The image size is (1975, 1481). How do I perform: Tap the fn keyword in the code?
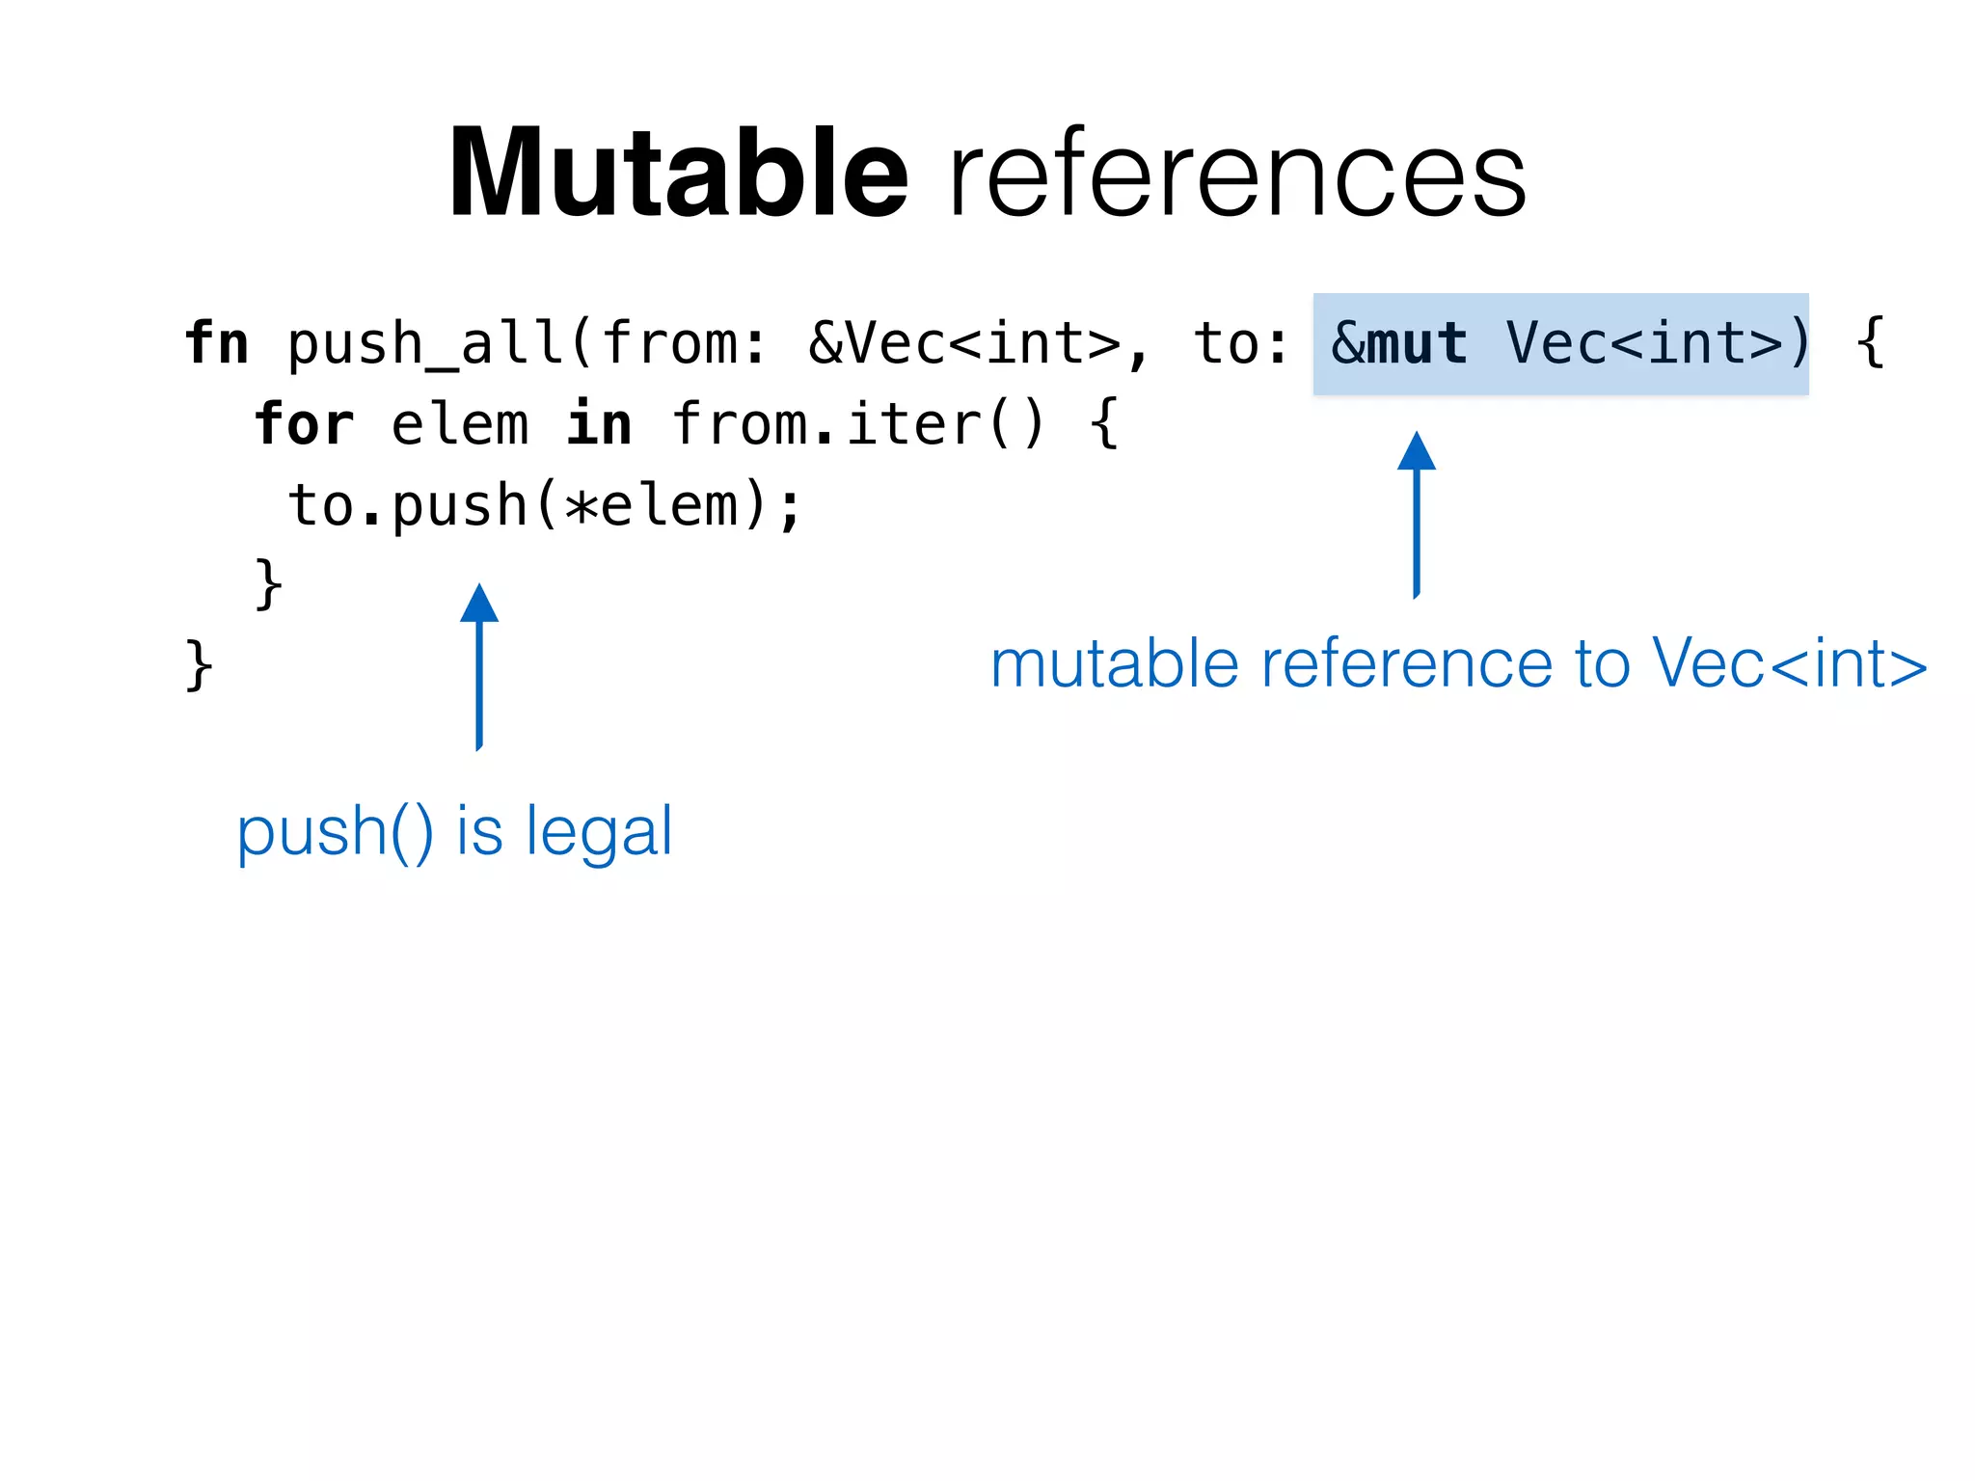pyautogui.click(x=217, y=343)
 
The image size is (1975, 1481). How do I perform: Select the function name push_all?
pyautogui.click(x=425, y=345)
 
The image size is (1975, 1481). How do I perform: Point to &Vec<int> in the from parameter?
pyautogui.click(x=964, y=343)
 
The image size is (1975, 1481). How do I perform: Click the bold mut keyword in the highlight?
pyautogui.click(x=1418, y=343)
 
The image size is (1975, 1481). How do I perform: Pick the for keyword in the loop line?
pyautogui.click(x=305, y=424)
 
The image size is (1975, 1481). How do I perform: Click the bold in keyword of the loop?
pyautogui.click(x=599, y=424)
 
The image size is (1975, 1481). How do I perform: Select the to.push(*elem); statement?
pyautogui.click(x=545, y=505)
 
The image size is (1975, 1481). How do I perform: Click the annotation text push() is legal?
pyautogui.click(x=454, y=831)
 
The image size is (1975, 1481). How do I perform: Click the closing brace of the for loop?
pyautogui.click(x=268, y=583)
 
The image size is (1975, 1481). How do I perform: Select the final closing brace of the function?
pyautogui.click(x=199, y=664)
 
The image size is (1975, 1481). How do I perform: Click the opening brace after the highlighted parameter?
pyautogui.click(x=1870, y=343)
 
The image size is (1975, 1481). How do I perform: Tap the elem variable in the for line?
pyautogui.click(x=460, y=424)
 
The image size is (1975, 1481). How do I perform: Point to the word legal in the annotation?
pyautogui.click(x=599, y=831)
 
